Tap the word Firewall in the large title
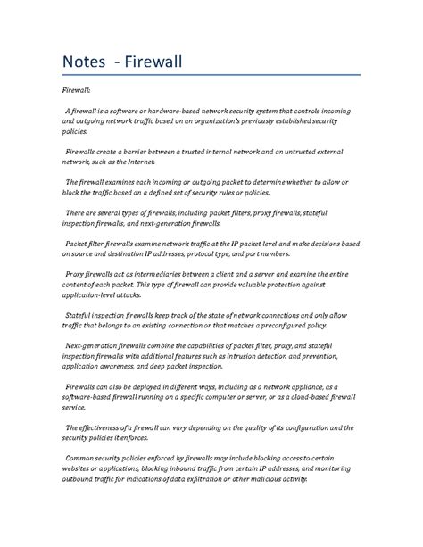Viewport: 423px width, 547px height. point(158,63)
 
